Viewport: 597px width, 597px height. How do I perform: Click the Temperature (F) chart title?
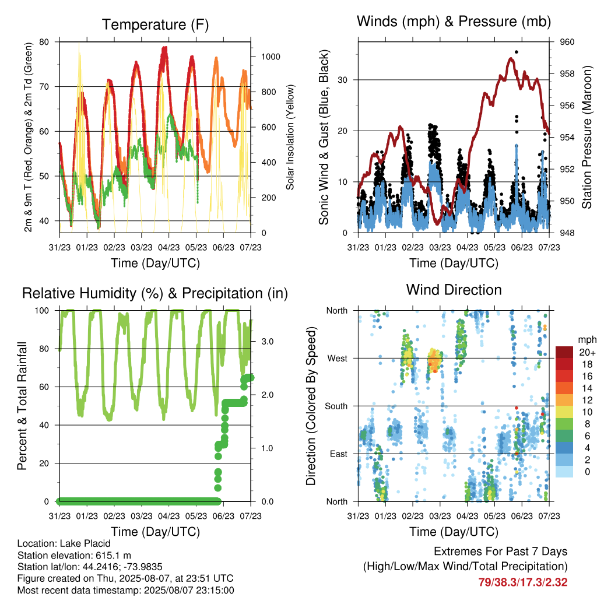click(x=155, y=24)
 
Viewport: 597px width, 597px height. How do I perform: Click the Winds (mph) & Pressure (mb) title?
click(x=454, y=22)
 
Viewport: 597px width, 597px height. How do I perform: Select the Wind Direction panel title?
click(x=454, y=290)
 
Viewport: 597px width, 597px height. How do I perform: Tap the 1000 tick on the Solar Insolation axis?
click(x=271, y=57)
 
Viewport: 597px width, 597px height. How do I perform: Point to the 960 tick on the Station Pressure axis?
click(x=567, y=42)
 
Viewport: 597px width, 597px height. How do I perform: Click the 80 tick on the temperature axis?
click(x=44, y=42)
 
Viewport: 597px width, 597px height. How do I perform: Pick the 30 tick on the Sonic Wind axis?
click(x=342, y=80)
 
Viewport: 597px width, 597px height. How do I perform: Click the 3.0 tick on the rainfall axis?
click(x=267, y=342)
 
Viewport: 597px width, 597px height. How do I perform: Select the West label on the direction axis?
click(x=338, y=359)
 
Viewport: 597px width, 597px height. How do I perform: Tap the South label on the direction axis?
click(x=336, y=406)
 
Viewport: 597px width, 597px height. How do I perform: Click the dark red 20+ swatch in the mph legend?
click(x=564, y=352)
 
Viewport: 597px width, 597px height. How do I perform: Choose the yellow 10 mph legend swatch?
click(x=564, y=412)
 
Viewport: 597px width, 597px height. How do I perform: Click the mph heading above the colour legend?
click(x=587, y=340)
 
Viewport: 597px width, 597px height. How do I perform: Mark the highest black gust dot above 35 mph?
click(x=517, y=52)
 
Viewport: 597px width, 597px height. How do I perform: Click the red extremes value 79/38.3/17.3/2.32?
click(x=523, y=582)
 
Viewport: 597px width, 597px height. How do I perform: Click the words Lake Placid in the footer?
click(x=85, y=543)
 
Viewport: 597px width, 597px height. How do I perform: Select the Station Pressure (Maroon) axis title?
click(x=587, y=137)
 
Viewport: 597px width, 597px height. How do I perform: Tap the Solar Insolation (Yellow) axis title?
click(x=290, y=137)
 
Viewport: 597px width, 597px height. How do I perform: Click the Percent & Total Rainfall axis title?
click(x=22, y=406)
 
